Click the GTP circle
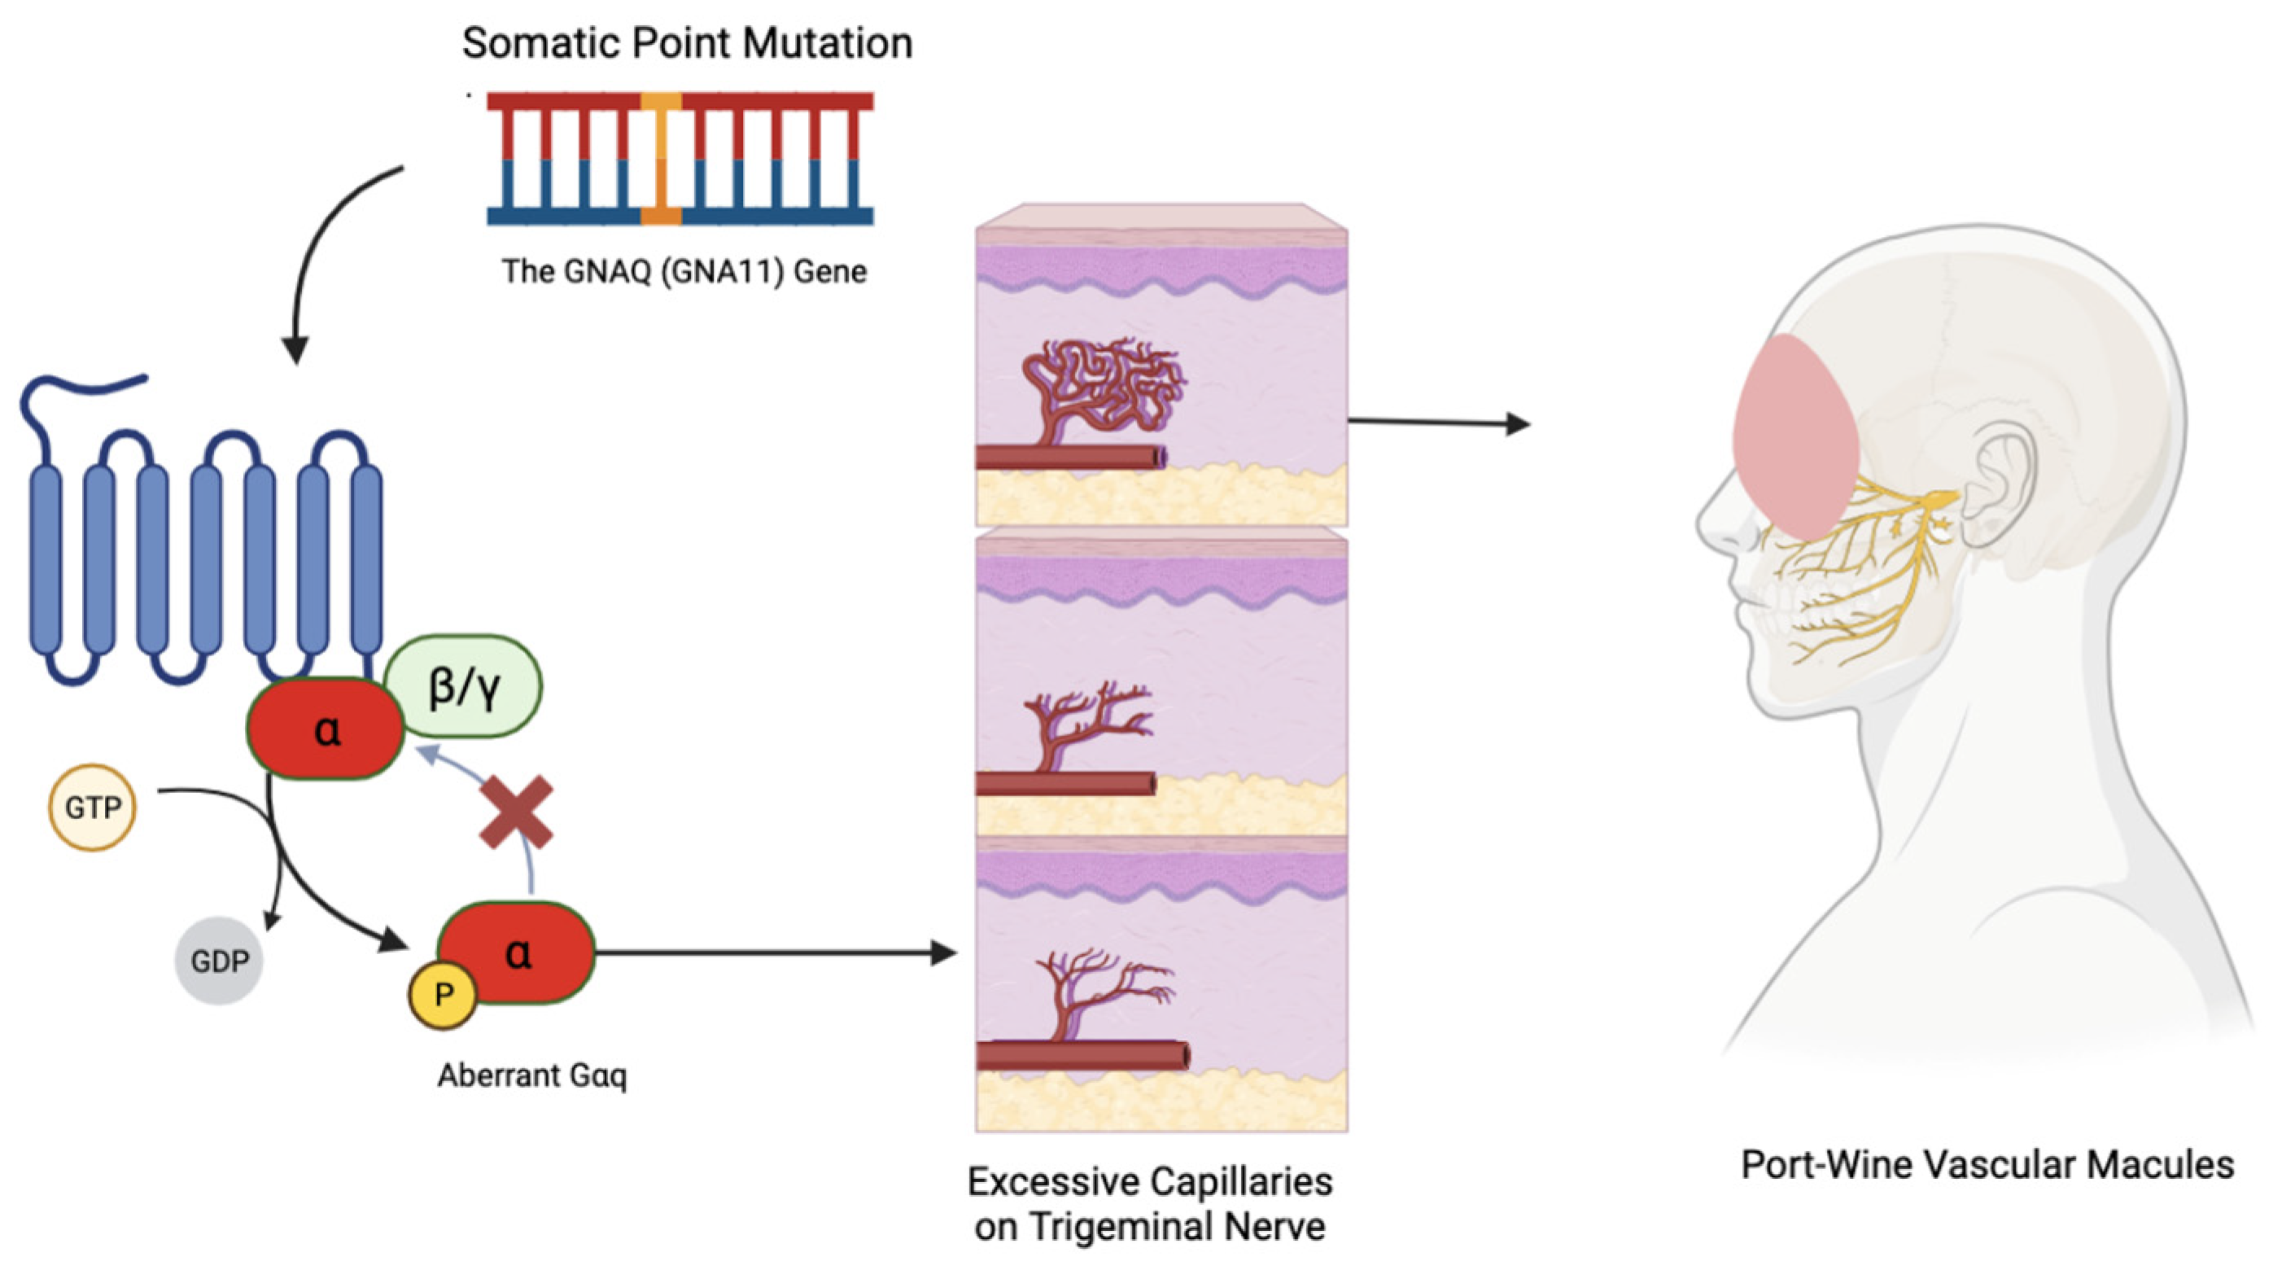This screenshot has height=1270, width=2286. tap(92, 807)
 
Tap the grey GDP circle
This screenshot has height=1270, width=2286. tap(219, 961)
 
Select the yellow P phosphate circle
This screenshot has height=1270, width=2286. tap(443, 995)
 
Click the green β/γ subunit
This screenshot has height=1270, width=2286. tap(463, 686)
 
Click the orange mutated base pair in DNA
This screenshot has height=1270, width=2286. tap(661, 158)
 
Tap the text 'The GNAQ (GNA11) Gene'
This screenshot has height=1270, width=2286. tap(684, 270)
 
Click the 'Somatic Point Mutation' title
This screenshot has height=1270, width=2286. tap(687, 42)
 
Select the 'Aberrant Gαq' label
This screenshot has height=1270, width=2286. tap(532, 1075)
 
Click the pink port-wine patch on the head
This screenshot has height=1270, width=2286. tap(1794, 435)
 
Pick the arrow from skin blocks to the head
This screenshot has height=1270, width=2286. tap(1438, 423)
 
